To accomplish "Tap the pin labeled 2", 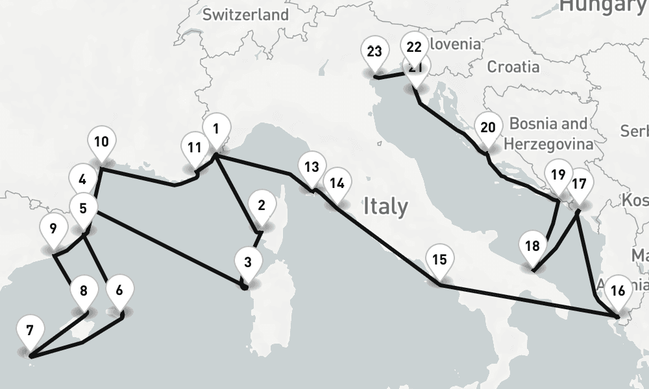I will pyautogui.click(x=261, y=206).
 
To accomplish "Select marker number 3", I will pyautogui.click(x=247, y=263).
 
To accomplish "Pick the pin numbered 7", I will pyautogui.click(x=29, y=331).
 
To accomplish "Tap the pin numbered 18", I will pyautogui.click(x=532, y=246).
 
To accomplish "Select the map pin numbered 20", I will pyautogui.click(x=488, y=127).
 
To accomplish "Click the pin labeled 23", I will pyautogui.click(x=374, y=52).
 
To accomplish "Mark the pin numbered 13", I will pyautogui.click(x=312, y=167).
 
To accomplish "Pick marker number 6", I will pyautogui.click(x=118, y=289).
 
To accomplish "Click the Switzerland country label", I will pyautogui.click(x=245, y=15).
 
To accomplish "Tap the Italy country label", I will pyautogui.click(x=386, y=206).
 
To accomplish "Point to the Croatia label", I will pyautogui.click(x=513, y=66).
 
